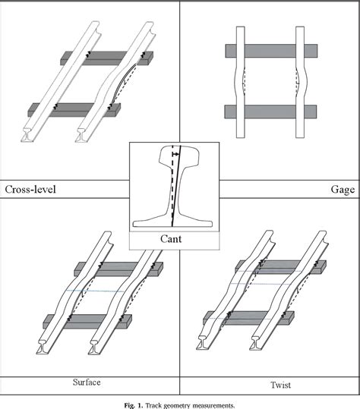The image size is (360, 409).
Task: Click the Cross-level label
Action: pyautogui.click(x=30, y=190)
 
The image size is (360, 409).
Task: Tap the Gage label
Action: pyautogui.click(x=343, y=190)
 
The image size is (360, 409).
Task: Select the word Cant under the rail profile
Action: pyautogui.click(x=171, y=239)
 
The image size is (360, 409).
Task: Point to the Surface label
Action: pyautogui.click(x=87, y=382)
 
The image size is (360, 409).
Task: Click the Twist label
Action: pyautogui.click(x=281, y=385)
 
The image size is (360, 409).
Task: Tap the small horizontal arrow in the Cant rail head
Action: pyautogui.click(x=176, y=155)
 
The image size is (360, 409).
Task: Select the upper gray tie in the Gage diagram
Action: pyautogui.click(x=271, y=51)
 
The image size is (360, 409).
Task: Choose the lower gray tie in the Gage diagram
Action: pyautogui.click(x=270, y=112)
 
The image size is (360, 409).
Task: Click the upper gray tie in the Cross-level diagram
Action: pyautogui.click(x=107, y=58)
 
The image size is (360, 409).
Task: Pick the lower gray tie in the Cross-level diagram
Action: pyautogui.click(x=74, y=110)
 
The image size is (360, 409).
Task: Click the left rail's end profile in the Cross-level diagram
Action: pyautogui.click(x=27, y=135)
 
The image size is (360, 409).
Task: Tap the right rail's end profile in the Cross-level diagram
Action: pyautogui.click(x=81, y=135)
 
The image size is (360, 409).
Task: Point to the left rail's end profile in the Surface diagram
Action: pyautogui.click(x=43, y=347)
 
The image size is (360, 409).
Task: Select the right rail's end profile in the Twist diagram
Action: pyautogui.click(x=256, y=343)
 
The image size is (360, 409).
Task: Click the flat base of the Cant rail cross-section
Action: pyautogui.click(x=172, y=224)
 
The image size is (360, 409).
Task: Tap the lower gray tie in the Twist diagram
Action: pyautogui.click(x=249, y=318)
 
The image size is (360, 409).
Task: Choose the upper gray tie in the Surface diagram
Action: pyautogui.click(x=118, y=269)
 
